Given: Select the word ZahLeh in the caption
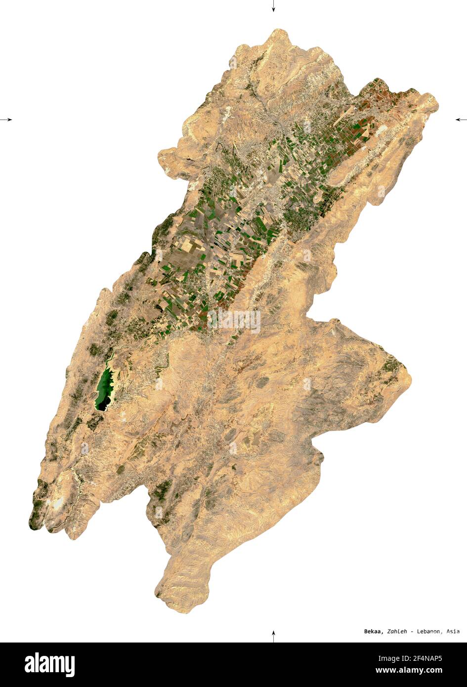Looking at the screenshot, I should (397, 631).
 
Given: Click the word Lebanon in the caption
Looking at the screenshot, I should (430, 631).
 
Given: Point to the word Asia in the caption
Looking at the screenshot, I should (453, 631).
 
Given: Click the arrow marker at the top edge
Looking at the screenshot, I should (273, 6).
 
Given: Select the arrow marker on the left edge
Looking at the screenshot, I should (6, 119).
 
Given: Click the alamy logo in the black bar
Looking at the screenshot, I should (49, 665).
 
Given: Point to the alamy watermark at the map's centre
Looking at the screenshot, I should (234, 321).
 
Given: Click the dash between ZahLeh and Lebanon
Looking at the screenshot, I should (412, 631).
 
